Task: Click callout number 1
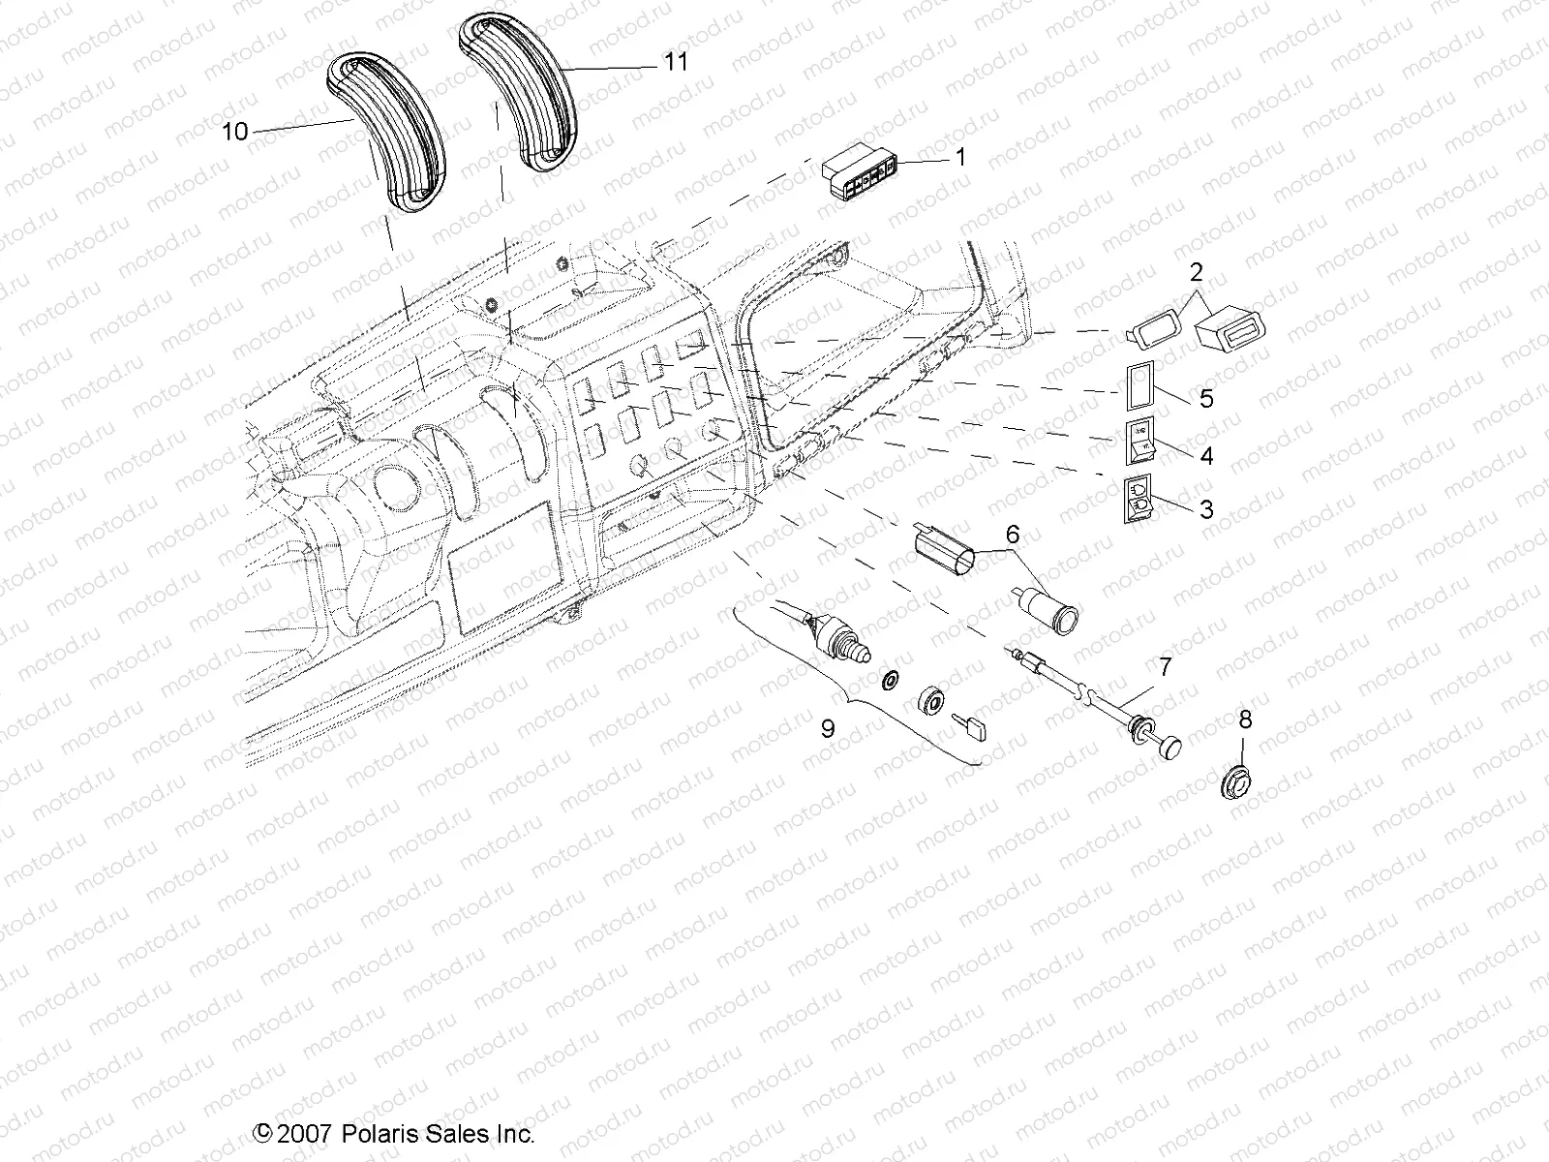pos(960,156)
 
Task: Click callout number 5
pos(1205,398)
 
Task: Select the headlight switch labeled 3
pos(1139,500)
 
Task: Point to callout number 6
pos(1013,533)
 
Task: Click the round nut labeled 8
pos(1234,780)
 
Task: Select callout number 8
pos(1245,719)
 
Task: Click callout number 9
pos(827,727)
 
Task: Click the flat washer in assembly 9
pos(889,681)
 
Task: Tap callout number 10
pos(235,132)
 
